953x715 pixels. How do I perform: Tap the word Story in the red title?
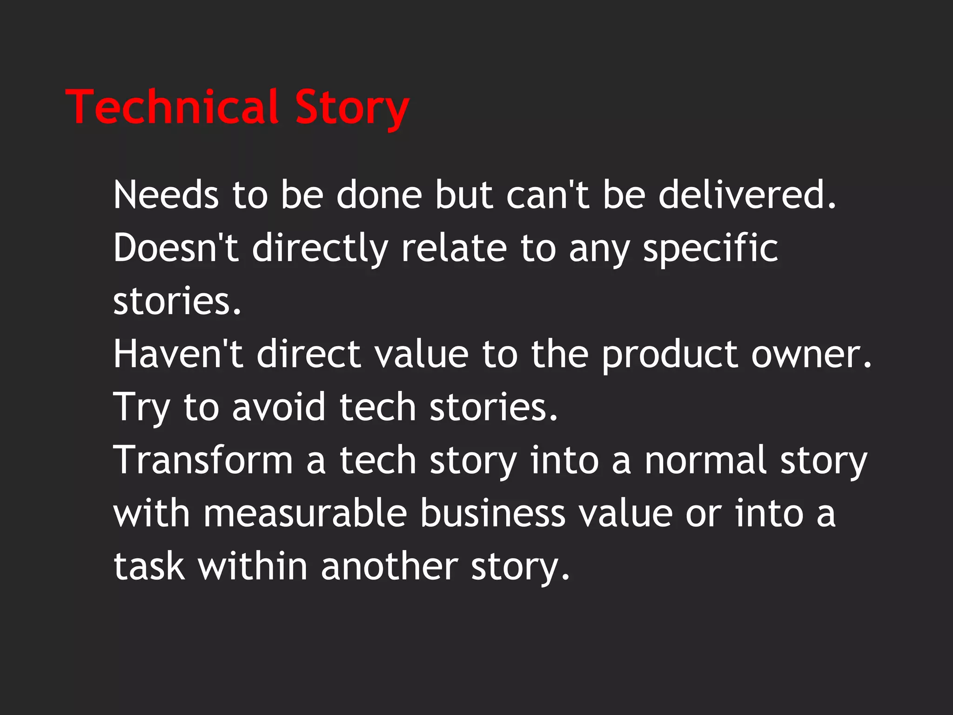[x=352, y=108]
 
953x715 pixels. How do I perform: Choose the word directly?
[x=320, y=249]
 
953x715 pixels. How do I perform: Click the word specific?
[x=710, y=249]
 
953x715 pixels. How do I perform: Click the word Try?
[x=141, y=408]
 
